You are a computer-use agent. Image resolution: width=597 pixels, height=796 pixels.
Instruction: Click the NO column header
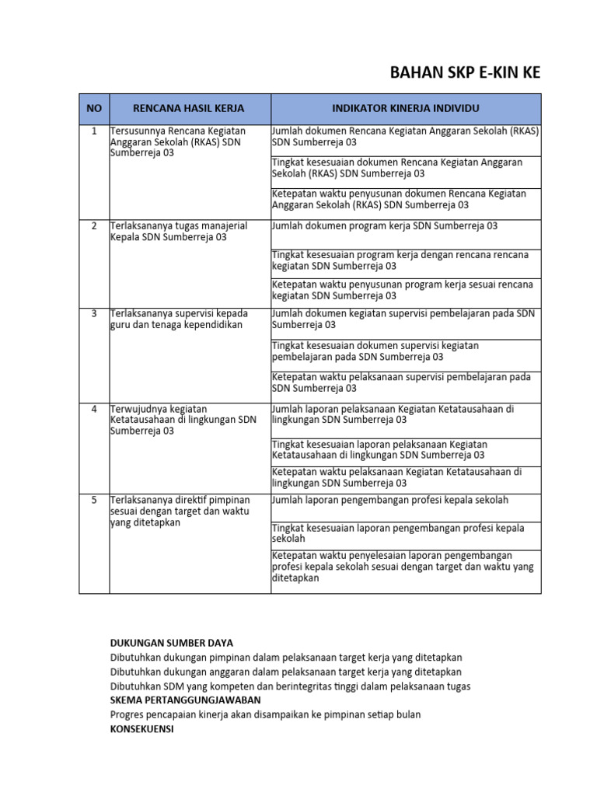[x=94, y=107]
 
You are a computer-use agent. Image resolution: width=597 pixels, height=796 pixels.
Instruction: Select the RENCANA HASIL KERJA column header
[x=189, y=107]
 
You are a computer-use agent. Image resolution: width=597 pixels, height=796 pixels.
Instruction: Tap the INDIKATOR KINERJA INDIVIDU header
[x=406, y=107]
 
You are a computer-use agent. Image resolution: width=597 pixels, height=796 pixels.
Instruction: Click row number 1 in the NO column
[x=94, y=131]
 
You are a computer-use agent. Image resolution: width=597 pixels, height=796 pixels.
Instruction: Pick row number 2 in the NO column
[x=94, y=226]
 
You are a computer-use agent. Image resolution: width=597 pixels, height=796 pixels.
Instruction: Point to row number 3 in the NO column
[x=94, y=314]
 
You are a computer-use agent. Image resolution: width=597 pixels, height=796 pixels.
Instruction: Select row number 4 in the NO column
[x=94, y=409]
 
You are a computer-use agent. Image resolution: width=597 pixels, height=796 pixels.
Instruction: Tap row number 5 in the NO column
[x=94, y=501]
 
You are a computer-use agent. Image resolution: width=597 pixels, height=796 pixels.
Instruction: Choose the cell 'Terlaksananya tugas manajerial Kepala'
[x=179, y=232]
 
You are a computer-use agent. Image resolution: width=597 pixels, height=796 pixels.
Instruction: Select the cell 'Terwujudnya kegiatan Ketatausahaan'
[x=183, y=420]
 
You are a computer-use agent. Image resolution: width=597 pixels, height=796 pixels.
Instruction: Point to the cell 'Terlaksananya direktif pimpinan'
[x=179, y=511]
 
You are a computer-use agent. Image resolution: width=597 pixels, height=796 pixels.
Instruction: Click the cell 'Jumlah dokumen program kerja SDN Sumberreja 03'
[x=385, y=226]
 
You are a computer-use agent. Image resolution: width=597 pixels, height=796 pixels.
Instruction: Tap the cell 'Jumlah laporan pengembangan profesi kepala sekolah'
[x=390, y=501]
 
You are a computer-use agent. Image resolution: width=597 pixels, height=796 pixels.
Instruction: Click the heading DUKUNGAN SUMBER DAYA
[x=171, y=643]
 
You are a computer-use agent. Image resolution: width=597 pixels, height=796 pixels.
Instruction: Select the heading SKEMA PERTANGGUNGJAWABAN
[x=185, y=700]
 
